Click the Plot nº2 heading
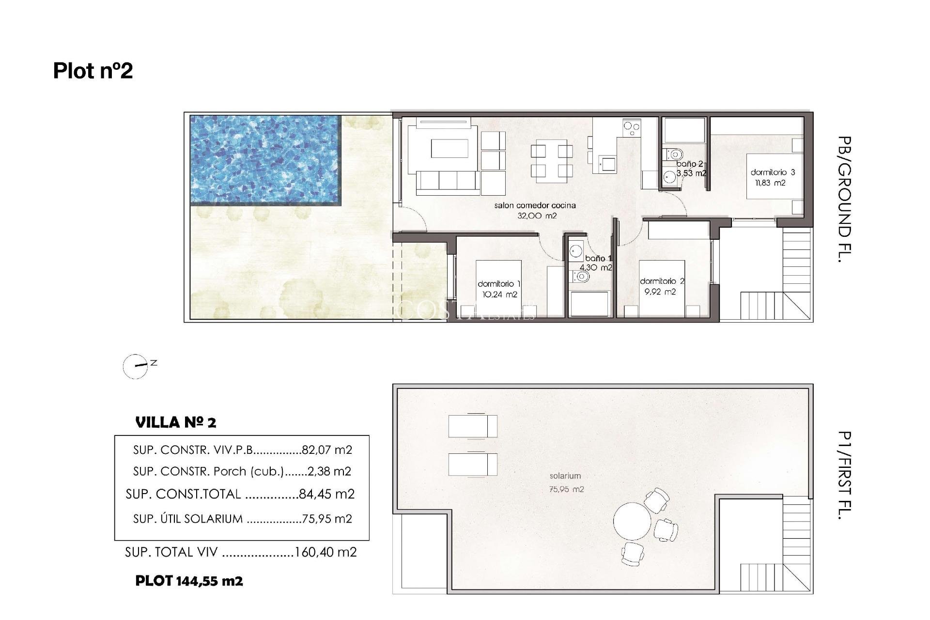(x=93, y=71)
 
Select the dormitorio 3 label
(x=773, y=172)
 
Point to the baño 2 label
(x=689, y=164)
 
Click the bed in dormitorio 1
(x=498, y=289)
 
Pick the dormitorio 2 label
(x=662, y=281)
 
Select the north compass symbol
(x=136, y=366)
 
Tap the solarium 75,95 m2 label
(x=565, y=482)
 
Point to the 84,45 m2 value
(x=326, y=494)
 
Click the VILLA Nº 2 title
(x=175, y=422)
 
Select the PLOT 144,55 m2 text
(x=189, y=581)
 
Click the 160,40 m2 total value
(x=325, y=552)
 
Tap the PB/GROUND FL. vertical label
(x=844, y=199)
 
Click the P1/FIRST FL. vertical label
(x=844, y=475)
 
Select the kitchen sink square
(x=607, y=163)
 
